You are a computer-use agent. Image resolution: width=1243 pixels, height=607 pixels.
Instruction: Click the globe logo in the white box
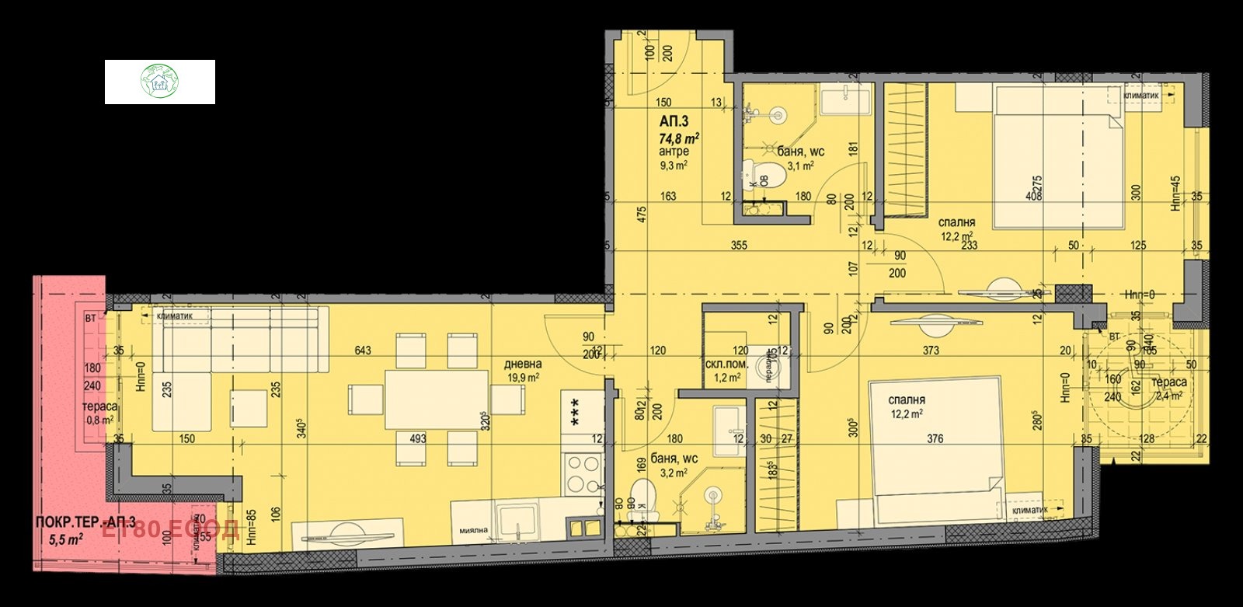tap(160, 82)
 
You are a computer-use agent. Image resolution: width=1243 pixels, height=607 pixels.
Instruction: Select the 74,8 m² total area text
tap(679, 138)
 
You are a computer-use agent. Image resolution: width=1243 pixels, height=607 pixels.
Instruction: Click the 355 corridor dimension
tap(739, 246)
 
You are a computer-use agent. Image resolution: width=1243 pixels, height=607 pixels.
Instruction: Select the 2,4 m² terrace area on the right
tap(1169, 396)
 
